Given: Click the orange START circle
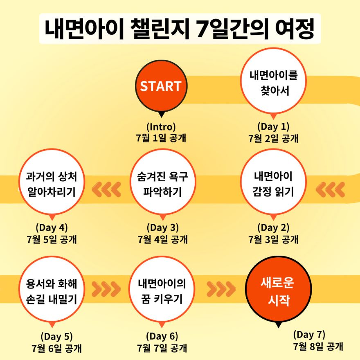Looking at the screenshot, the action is click(x=161, y=86).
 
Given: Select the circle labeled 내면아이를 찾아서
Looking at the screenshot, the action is click(x=273, y=81).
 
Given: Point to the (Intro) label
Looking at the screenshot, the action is click(x=161, y=126).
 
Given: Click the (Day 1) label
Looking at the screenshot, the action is click(x=273, y=126).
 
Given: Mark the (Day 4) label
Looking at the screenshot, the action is click(x=52, y=227).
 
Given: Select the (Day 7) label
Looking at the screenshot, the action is click(x=309, y=335).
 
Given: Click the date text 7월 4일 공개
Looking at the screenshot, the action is click(x=162, y=239).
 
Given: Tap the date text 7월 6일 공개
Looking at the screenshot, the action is click(x=56, y=348).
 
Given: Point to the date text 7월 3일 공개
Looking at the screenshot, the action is click(x=273, y=239).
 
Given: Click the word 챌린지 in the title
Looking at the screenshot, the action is click(x=160, y=29).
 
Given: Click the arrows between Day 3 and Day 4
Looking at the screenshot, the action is click(x=106, y=189).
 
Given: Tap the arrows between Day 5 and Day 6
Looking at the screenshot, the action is click(x=106, y=289).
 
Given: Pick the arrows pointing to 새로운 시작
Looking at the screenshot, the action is click(x=221, y=289).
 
